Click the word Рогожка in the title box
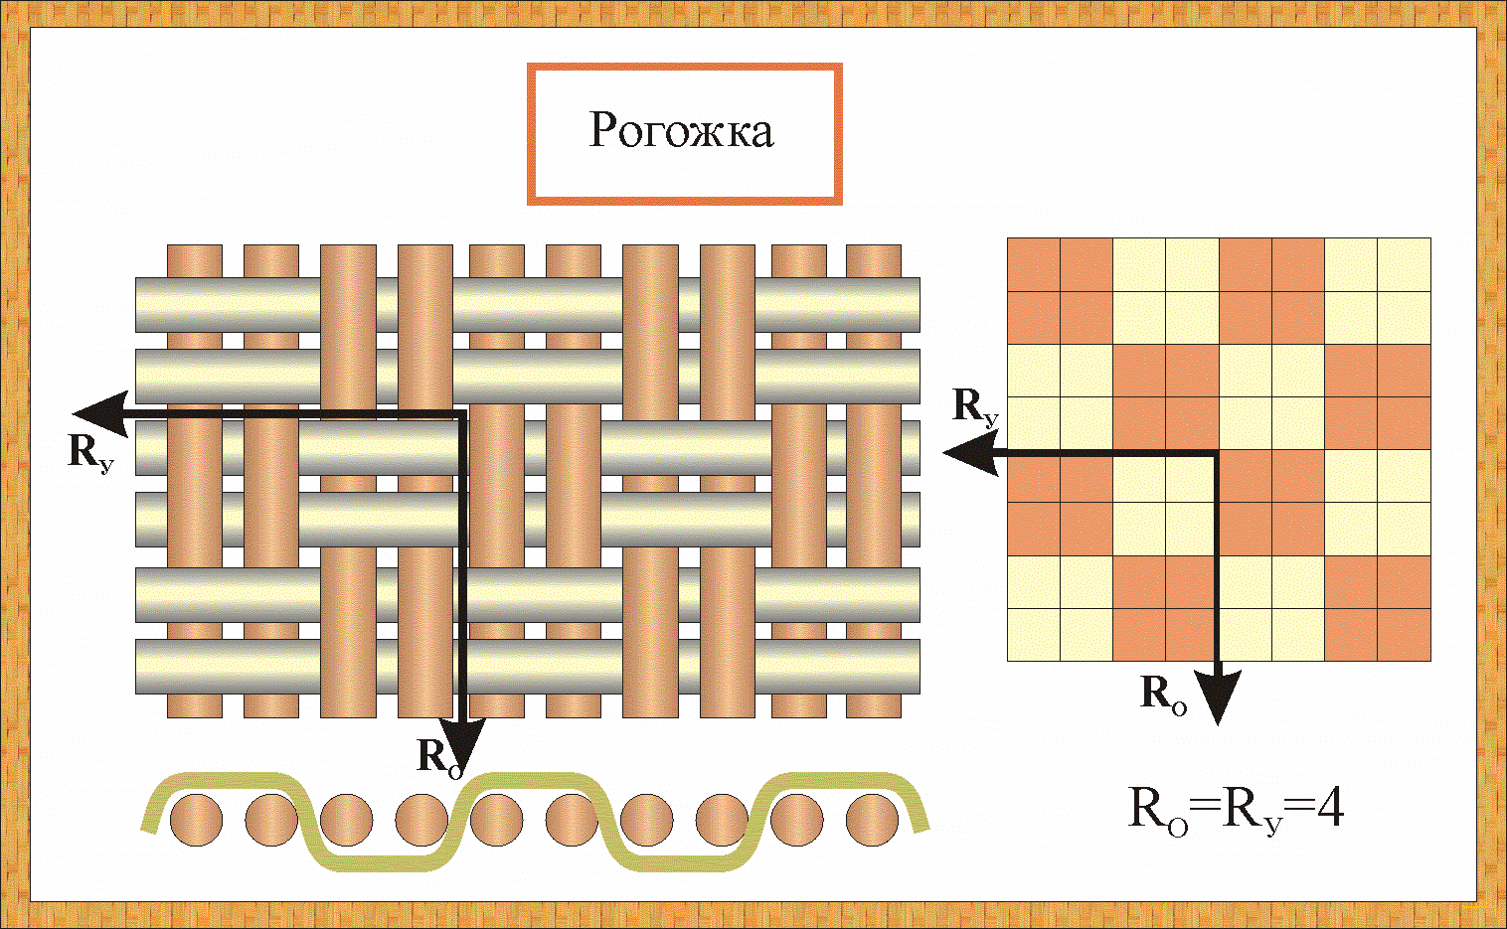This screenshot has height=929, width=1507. (681, 131)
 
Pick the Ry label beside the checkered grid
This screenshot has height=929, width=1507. (974, 406)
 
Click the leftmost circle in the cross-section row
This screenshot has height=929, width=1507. (196, 821)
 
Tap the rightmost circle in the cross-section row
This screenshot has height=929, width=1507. (872, 821)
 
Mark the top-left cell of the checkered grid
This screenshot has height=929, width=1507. (1034, 264)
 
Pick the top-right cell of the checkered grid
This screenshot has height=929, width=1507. (1404, 264)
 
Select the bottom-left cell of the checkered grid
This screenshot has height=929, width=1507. (1034, 634)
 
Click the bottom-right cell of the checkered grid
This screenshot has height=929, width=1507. (1404, 634)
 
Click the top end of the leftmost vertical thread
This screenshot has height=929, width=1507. (195, 248)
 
